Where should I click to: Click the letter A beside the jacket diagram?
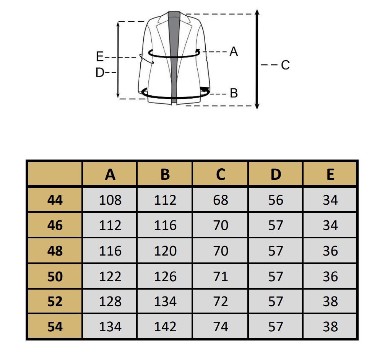point(234,52)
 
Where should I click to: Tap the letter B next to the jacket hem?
point(234,93)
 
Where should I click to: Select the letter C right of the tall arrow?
point(285,65)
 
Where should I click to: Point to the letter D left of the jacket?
point(100,72)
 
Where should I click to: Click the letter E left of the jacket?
point(100,57)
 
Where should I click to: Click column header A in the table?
point(110,174)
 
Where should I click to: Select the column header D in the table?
point(276,174)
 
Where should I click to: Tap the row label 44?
point(55,200)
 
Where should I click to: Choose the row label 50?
point(55,277)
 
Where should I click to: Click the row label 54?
point(55,327)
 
